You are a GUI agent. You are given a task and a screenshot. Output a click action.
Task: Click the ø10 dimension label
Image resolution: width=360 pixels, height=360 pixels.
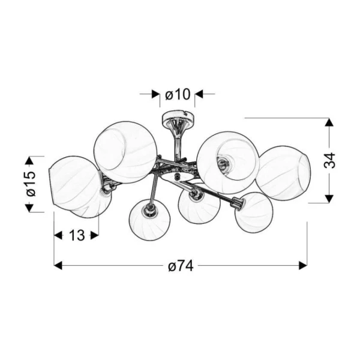pyautogui.click(x=178, y=94)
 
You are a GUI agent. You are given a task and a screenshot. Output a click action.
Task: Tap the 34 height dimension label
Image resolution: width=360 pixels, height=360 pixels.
pyautogui.click(x=329, y=160)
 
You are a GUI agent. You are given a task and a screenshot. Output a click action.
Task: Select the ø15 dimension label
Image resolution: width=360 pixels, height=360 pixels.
pyautogui.click(x=31, y=184)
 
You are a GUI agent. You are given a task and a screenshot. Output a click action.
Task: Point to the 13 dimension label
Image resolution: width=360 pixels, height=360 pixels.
pyautogui.click(x=77, y=235)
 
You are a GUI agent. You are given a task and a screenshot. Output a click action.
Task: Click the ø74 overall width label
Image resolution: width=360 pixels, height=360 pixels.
pyautogui.click(x=181, y=266)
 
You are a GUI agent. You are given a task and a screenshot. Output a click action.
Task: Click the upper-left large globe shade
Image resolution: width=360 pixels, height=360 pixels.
pyautogui.click(x=126, y=152)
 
